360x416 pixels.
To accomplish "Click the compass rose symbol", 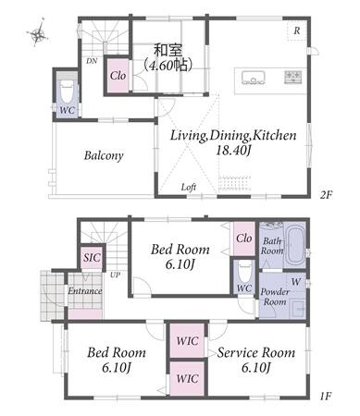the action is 38,32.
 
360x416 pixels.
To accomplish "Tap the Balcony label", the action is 104,155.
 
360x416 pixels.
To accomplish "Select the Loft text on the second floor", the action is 189,187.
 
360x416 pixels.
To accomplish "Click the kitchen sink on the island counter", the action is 254,77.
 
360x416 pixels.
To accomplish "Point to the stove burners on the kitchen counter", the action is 293,77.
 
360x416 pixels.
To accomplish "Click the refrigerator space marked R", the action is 297,31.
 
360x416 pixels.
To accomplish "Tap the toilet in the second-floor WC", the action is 67,90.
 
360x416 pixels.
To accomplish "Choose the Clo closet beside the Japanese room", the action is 118,76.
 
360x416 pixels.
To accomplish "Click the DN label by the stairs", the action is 92,61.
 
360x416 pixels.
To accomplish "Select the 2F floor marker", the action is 326,195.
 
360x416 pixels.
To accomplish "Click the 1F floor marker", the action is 326,396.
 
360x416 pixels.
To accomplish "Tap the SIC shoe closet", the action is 92,257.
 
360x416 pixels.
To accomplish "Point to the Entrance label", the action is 85,291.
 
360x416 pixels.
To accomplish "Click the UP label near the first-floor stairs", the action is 116,275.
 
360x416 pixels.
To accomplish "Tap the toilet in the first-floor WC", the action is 245,271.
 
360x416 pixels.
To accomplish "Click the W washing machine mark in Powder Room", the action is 296,282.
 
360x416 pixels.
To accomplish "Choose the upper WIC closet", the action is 187,341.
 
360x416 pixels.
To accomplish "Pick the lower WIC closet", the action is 187,378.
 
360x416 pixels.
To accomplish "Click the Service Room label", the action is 256,353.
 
